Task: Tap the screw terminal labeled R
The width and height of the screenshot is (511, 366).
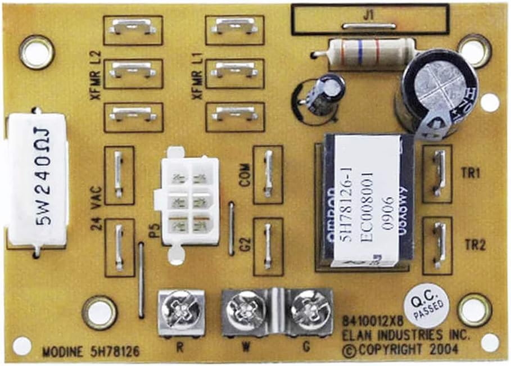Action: (x=181, y=311)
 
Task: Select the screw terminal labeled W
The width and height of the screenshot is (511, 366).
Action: (x=246, y=311)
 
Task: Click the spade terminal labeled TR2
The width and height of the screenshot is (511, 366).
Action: (x=437, y=245)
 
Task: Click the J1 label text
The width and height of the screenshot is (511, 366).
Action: (x=369, y=16)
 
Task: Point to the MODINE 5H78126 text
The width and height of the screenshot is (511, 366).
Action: (x=91, y=353)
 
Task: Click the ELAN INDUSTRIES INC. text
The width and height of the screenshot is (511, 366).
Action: (x=405, y=336)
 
